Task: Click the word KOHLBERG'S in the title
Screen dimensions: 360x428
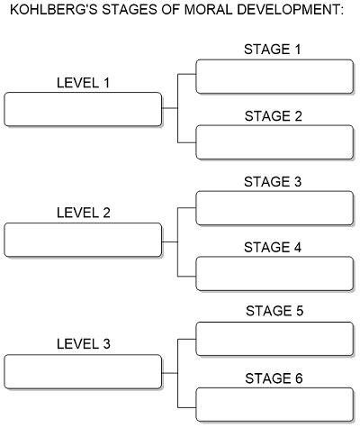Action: (x=54, y=10)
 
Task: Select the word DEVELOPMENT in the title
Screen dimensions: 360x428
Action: (x=290, y=10)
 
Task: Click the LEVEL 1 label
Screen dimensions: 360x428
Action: (x=84, y=83)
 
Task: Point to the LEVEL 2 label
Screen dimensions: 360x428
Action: (x=84, y=213)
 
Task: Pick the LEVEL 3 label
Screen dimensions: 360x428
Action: (x=84, y=344)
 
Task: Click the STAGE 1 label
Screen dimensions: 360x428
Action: (x=273, y=50)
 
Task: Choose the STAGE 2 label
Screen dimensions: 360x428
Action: (x=273, y=116)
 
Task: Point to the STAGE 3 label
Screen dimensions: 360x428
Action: (x=273, y=182)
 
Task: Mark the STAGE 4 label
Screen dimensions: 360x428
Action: (x=273, y=248)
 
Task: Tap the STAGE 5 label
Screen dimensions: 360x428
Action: (x=274, y=311)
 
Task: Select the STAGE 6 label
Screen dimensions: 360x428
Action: (x=274, y=378)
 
